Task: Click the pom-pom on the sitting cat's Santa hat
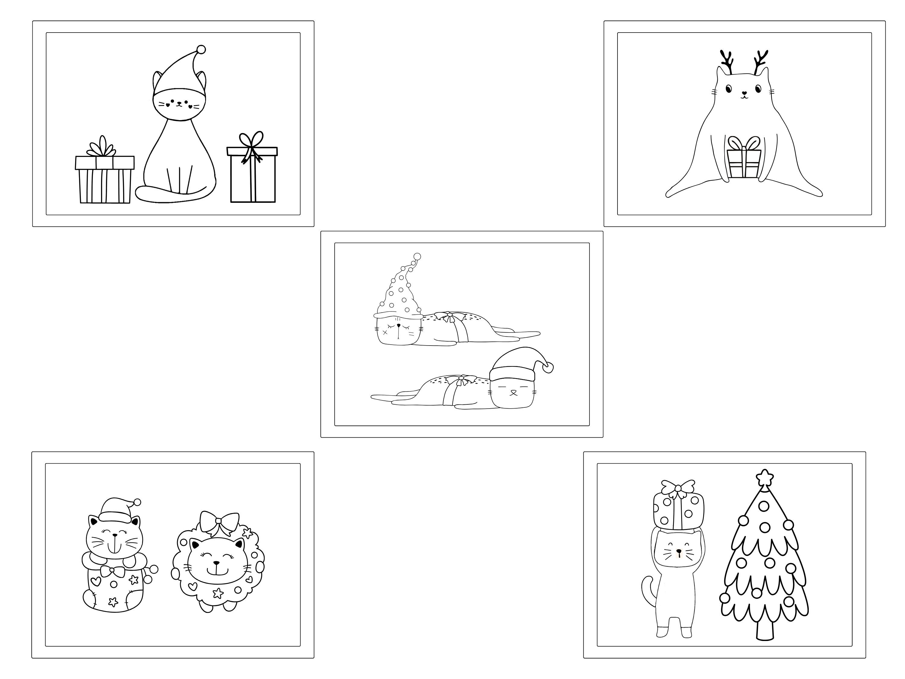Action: point(201,49)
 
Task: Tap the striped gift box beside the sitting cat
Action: point(105,180)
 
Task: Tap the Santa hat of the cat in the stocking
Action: point(117,510)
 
